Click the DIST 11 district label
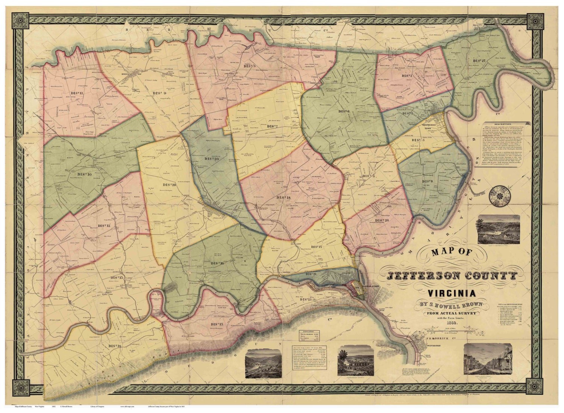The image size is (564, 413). pos(77,92)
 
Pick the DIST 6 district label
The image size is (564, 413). pos(344,111)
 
